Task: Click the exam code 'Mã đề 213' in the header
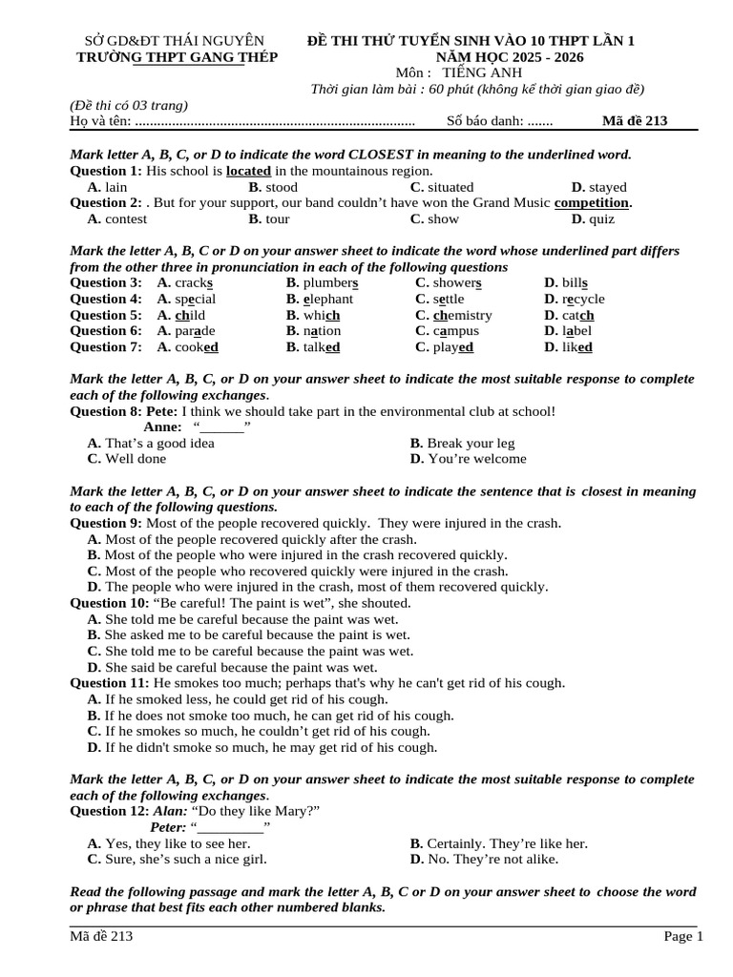pos(635,121)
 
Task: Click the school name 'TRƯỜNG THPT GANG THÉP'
pos(177,57)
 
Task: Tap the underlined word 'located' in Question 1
pos(248,171)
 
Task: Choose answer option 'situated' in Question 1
pos(450,187)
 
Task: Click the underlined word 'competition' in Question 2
pos(592,202)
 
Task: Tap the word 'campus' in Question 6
pos(456,331)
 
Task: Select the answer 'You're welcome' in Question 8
pos(477,459)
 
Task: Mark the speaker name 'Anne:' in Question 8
pos(162,426)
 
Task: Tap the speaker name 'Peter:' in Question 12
pos(168,827)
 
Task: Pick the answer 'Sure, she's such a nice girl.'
pos(186,859)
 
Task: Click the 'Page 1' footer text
pos(683,937)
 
